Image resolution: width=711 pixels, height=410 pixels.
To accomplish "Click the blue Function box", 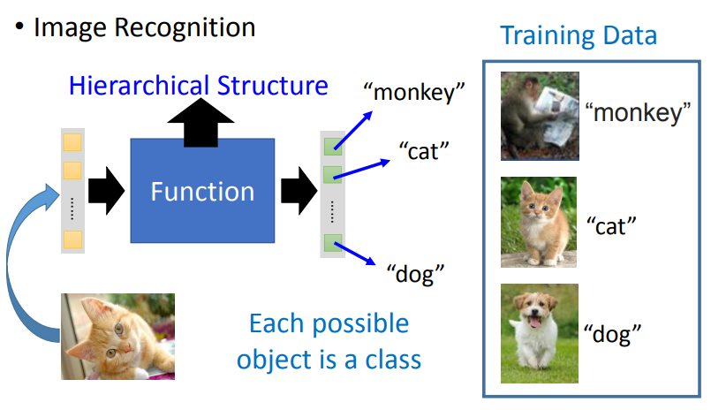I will [202, 191].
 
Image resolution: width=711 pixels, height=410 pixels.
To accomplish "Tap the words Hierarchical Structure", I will [199, 86].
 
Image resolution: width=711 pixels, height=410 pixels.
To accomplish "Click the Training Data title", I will [579, 35].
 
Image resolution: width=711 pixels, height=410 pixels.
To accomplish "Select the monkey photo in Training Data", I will [539, 114].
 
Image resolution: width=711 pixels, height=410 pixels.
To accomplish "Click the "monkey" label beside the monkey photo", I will [637, 113].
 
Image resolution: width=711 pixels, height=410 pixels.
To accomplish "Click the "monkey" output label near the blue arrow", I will [414, 92].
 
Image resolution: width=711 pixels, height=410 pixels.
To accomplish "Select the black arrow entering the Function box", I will [107, 191].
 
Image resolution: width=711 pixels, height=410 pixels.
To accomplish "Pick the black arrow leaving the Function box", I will [299, 191].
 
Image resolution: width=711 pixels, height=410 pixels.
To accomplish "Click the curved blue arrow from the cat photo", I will [22, 265].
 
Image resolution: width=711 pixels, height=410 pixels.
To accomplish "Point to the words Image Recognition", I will [144, 27].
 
